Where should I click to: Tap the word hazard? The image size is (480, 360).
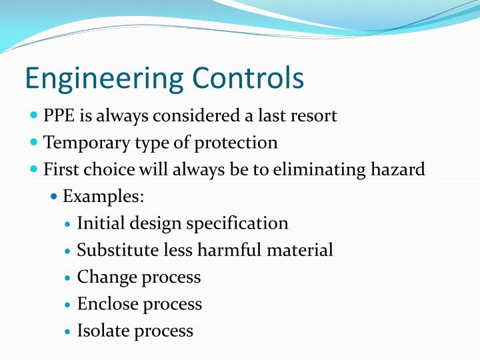(x=399, y=170)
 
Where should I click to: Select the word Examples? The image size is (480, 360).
(x=103, y=197)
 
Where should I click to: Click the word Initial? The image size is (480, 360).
(x=97, y=223)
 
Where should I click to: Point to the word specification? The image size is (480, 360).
(x=237, y=224)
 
